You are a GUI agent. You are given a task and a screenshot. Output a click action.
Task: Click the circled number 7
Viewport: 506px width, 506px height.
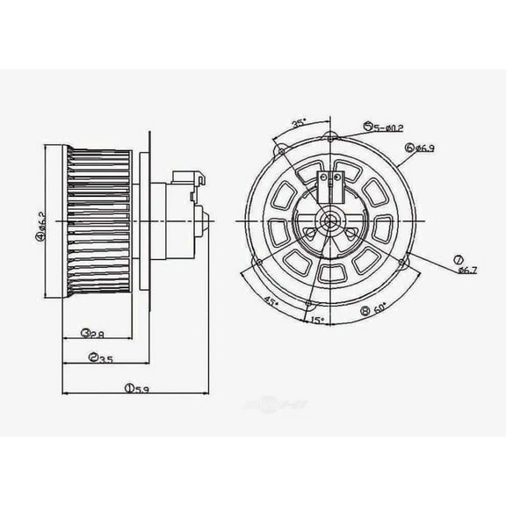[x=458, y=257]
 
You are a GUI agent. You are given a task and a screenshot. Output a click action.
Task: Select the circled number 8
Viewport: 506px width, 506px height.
[x=365, y=310]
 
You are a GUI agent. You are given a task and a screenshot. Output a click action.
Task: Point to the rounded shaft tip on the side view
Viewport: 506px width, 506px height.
[x=206, y=220]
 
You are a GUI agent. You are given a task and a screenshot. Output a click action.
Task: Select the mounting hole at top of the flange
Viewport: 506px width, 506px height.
[x=330, y=135]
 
